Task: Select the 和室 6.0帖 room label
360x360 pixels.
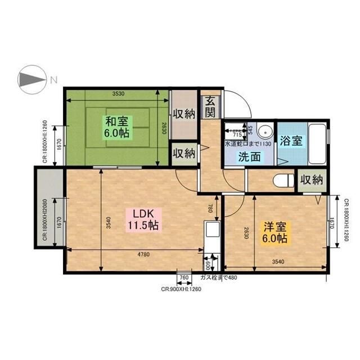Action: (116, 127)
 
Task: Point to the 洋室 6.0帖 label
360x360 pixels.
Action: (276, 232)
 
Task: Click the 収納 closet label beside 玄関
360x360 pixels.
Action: (183, 112)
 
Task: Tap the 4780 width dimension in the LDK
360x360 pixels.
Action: (144, 254)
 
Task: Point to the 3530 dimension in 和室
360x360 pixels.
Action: (118, 93)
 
